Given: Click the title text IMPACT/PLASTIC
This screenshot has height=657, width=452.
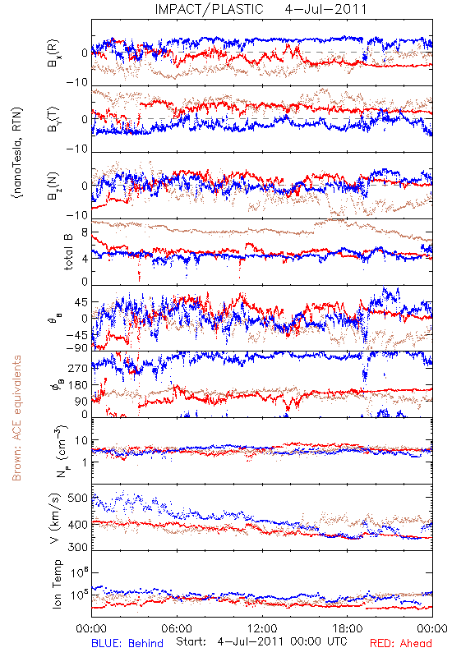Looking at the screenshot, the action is (x=209, y=9).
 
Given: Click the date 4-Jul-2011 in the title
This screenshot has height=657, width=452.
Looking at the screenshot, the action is (x=325, y=9).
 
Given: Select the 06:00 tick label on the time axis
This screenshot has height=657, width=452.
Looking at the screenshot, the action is (x=177, y=628).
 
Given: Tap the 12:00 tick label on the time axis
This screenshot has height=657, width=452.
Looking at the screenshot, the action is (x=262, y=628).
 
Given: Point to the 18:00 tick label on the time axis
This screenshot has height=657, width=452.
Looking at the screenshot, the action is (x=348, y=628).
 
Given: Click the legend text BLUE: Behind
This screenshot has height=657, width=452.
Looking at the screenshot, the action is (x=127, y=643).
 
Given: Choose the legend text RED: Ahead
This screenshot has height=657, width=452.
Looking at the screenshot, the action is (x=400, y=643).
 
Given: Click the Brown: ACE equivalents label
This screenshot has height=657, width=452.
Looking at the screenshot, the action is (x=16, y=418).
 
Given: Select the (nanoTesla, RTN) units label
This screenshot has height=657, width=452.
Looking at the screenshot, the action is (x=17, y=153).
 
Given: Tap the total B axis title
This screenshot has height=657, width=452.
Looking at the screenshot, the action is (x=68, y=252).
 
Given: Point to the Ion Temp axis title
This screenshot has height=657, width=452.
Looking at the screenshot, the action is (x=57, y=583).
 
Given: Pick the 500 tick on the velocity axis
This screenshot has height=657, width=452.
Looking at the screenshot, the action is (x=77, y=498).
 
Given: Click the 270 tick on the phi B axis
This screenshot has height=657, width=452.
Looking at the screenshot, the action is (x=77, y=368).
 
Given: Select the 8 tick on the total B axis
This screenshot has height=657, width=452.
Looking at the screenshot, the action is (x=85, y=233).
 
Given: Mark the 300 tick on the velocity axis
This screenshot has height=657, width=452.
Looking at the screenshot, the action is (x=77, y=547).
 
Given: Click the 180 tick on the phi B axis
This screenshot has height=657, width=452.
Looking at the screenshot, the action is (x=77, y=385).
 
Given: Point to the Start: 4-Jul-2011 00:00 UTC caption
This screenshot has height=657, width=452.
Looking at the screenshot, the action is (x=261, y=641).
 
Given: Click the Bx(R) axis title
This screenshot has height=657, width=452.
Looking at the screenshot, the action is (x=53, y=53).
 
